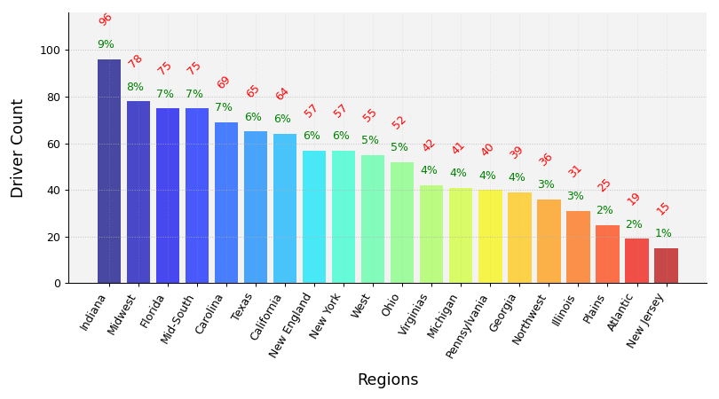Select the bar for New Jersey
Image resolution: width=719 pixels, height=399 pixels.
tap(666, 265)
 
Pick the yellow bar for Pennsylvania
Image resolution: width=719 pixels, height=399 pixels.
tap(490, 237)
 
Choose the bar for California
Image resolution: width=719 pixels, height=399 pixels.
tap(285, 208)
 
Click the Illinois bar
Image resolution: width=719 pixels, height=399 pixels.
tap(578, 246)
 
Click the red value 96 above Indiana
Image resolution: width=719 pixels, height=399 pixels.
tap(106, 20)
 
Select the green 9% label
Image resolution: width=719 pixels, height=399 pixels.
tap(106, 44)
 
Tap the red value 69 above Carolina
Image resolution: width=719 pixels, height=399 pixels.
tap(224, 82)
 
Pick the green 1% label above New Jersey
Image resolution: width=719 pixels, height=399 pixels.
tap(663, 233)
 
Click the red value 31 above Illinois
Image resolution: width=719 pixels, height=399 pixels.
tap(575, 171)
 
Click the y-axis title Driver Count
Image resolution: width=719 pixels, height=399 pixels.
tap(18, 148)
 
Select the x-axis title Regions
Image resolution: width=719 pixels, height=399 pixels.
tap(387, 380)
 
